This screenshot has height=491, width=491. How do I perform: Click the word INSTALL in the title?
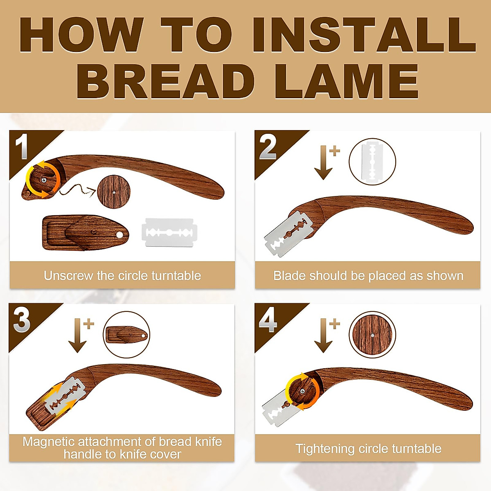click(x=363, y=35)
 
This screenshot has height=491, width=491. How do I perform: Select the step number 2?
click(x=268, y=147)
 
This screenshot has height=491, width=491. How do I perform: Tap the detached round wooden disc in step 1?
click(x=114, y=191)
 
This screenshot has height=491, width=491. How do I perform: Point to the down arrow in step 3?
click(x=78, y=336)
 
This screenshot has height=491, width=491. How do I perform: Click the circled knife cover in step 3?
click(x=126, y=335)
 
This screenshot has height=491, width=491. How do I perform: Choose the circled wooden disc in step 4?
click(x=372, y=334)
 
